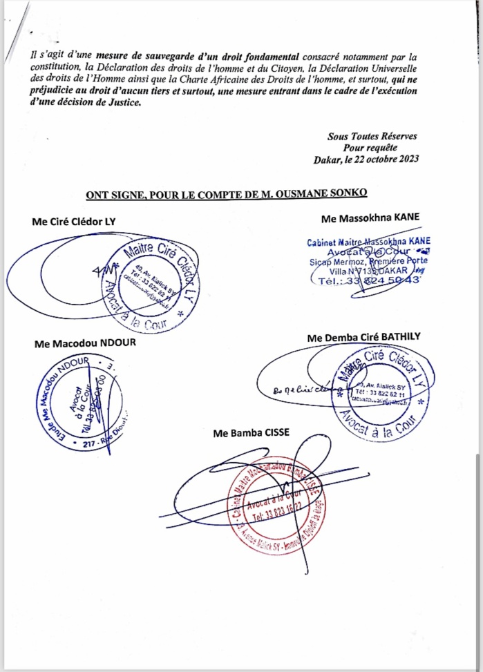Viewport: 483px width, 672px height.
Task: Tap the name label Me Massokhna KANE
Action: [370, 218]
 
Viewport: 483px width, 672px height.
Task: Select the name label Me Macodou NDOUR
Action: [76, 343]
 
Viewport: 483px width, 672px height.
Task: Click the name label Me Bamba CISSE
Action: [252, 433]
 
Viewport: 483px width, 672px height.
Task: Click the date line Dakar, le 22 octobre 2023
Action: [365, 160]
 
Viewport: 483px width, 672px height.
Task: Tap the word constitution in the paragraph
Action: [55, 66]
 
